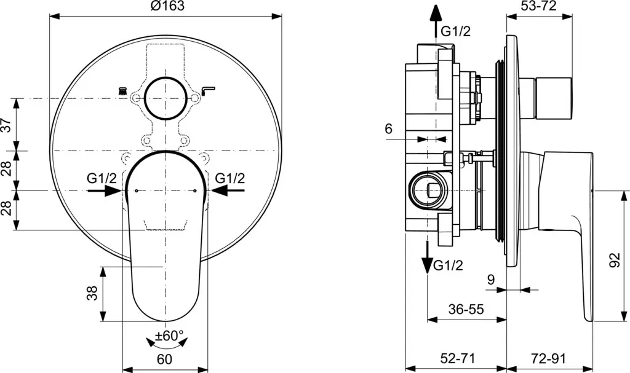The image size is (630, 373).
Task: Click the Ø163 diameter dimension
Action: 167,7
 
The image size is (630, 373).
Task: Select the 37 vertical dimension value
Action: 7,125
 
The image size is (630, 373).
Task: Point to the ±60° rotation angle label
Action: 169,336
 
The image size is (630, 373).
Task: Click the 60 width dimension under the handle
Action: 164,359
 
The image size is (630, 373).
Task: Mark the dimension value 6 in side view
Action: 388,129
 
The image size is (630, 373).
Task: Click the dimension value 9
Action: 491,280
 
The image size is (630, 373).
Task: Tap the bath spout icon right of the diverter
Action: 209,90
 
